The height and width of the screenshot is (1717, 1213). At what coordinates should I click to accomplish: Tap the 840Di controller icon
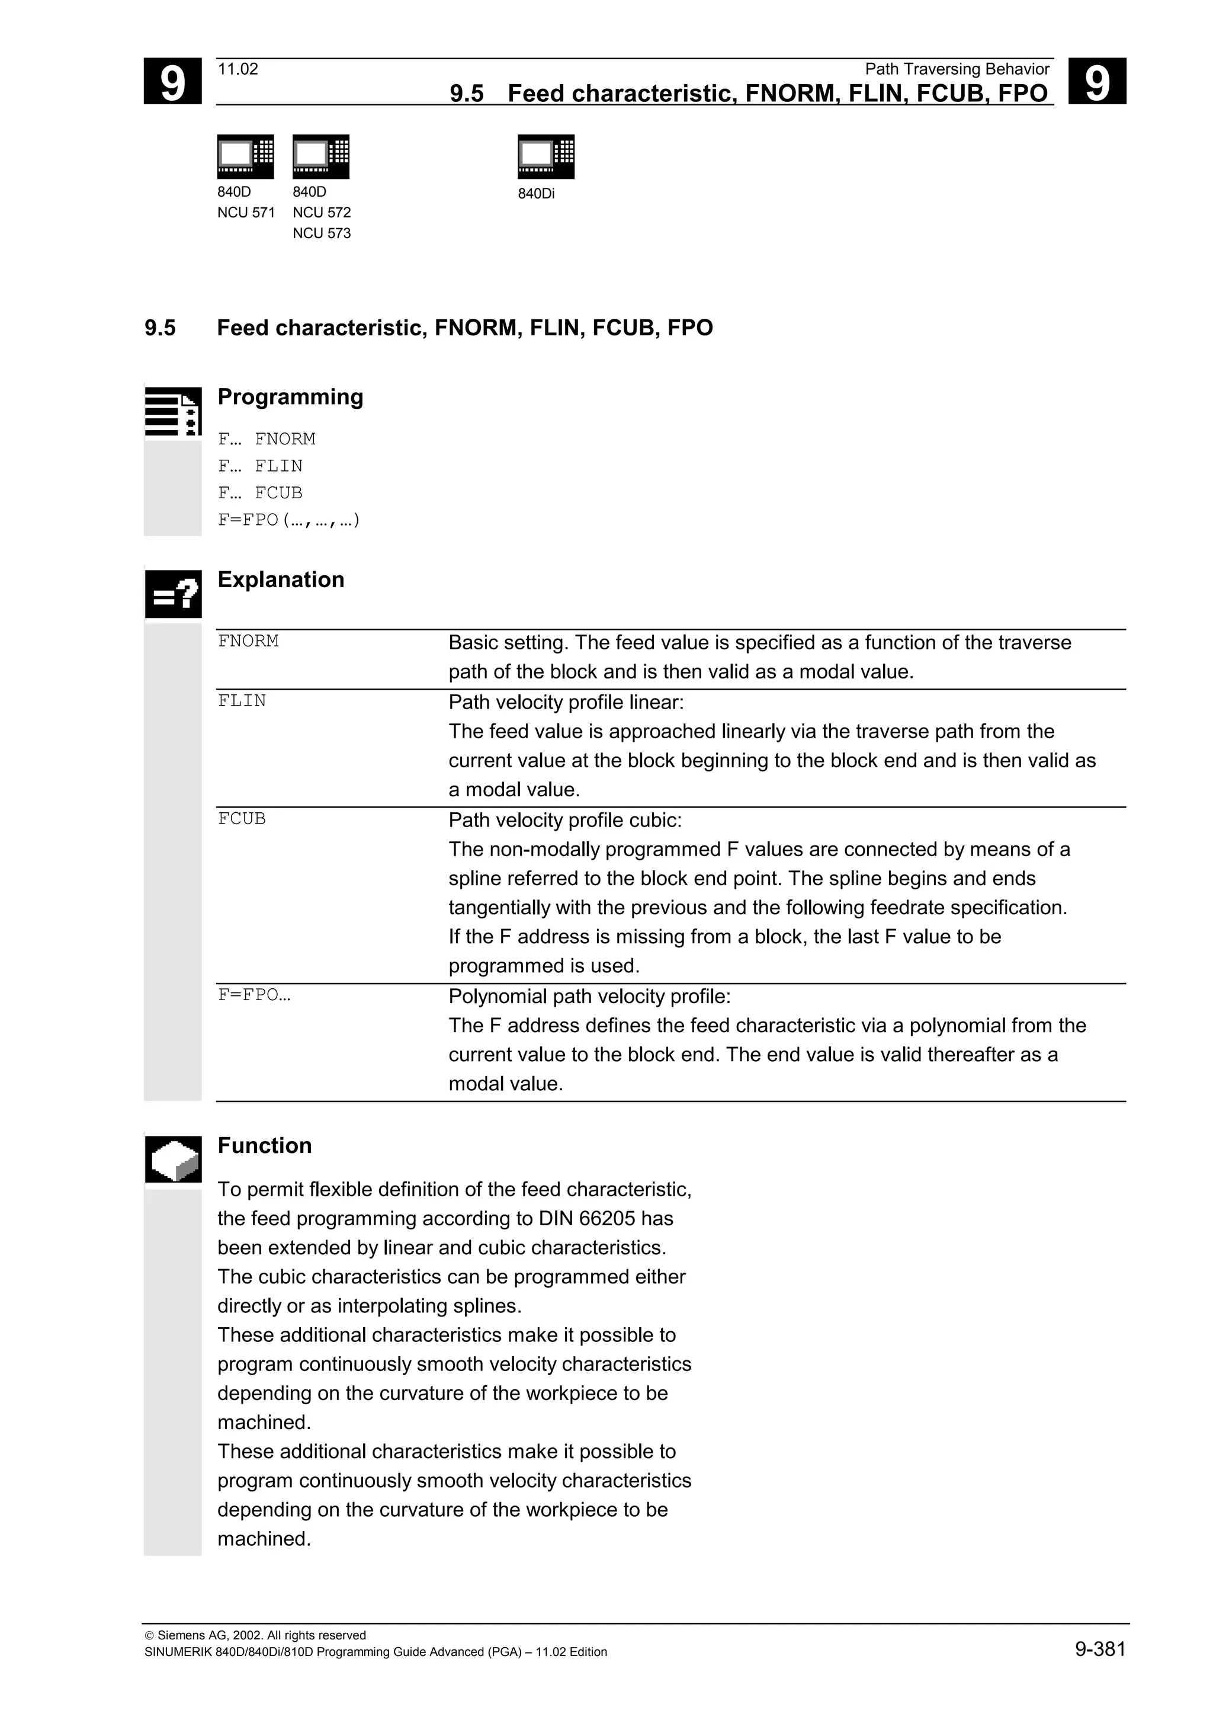(x=545, y=156)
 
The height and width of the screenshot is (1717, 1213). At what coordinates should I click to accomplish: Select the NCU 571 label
(x=246, y=212)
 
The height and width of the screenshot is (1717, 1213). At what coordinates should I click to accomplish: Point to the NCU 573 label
(x=322, y=233)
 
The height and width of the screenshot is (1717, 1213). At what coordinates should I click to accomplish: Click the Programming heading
(x=290, y=396)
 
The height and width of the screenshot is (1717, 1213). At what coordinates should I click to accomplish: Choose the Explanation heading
(x=280, y=579)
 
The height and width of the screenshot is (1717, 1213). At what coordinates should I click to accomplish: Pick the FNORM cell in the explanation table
(x=248, y=641)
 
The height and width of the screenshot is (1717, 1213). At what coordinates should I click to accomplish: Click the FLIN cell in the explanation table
(x=242, y=701)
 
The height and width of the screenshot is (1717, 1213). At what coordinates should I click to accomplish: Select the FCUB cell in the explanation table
(x=242, y=819)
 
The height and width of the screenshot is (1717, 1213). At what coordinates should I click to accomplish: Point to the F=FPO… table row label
(x=253, y=995)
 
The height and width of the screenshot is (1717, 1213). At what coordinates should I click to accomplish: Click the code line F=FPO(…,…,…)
(x=288, y=520)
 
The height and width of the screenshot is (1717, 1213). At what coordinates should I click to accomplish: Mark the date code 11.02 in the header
(x=238, y=69)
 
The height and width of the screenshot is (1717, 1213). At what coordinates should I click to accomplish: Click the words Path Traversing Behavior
(x=957, y=69)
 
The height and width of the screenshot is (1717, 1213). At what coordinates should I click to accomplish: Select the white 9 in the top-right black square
(x=1096, y=82)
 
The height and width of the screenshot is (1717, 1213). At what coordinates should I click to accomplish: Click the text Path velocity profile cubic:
(x=565, y=821)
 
